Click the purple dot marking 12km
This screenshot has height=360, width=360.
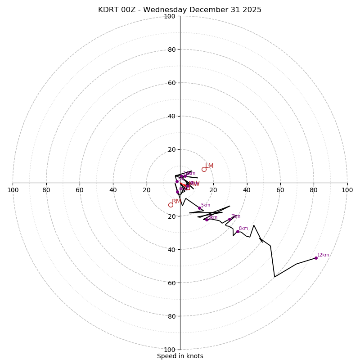tap(316, 258)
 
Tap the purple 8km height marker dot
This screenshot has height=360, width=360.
tap(238, 231)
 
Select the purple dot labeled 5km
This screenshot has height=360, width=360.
tap(199, 208)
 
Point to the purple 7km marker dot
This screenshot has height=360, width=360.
tap(229, 219)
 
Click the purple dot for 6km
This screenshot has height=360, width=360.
tap(207, 220)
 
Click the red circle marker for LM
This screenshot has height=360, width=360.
tap(204, 169)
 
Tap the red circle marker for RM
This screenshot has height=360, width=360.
tap(171, 205)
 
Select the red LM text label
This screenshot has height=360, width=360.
tap(209, 166)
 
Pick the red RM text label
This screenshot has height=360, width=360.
tap(176, 202)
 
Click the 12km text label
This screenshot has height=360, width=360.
tap(323, 255)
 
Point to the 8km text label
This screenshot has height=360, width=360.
tap(243, 229)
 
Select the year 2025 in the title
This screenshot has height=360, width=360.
tap(252, 10)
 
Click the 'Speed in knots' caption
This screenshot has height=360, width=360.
tap(180, 356)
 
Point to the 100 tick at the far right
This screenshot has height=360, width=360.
tap(347, 190)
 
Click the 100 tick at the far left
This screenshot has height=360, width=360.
tap(13, 190)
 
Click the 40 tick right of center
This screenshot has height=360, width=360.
tap(247, 190)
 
